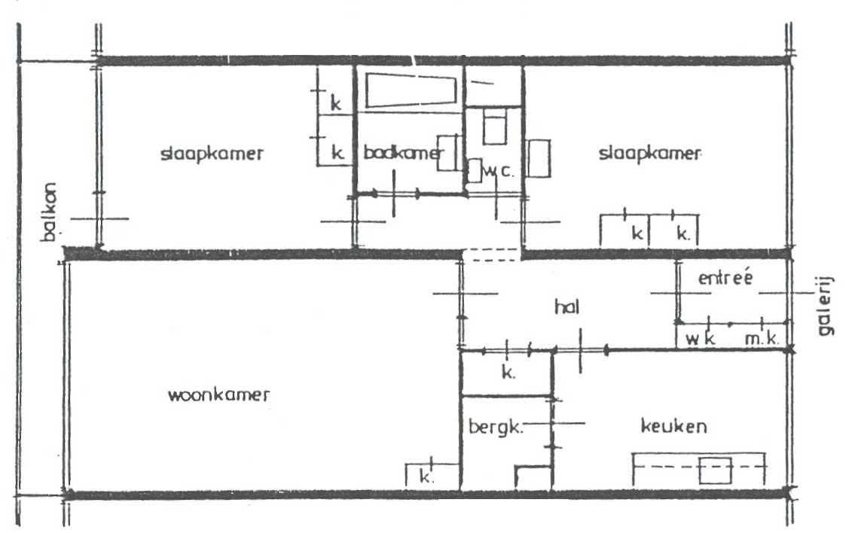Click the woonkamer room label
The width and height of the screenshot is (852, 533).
click(218, 395)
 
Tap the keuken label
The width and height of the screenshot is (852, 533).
click(673, 426)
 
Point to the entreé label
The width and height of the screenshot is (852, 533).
click(725, 278)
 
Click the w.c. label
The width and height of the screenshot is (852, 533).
click(498, 171)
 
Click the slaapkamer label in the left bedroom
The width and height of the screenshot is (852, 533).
click(212, 154)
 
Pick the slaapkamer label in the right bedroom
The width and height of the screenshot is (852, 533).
click(649, 154)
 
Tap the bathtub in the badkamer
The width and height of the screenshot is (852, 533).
click(411, 90)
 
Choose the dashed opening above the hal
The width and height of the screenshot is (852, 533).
click(491, 256)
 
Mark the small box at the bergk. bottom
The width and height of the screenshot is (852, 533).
click(533, 479)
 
